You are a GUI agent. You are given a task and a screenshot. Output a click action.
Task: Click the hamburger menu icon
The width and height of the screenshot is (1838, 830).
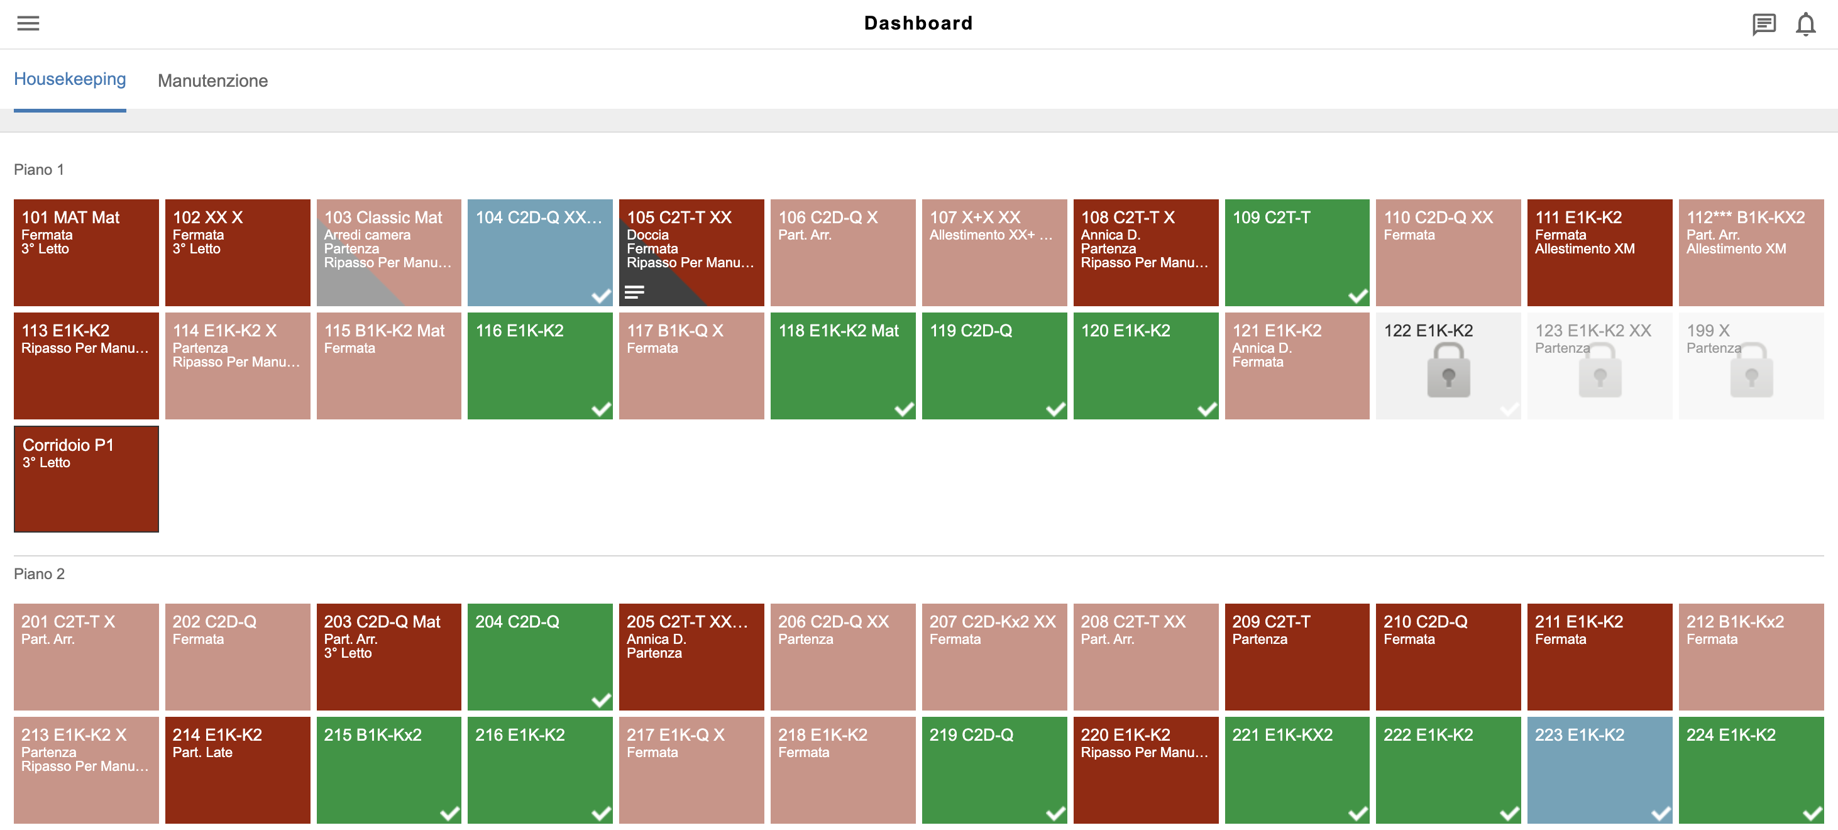(28, 23)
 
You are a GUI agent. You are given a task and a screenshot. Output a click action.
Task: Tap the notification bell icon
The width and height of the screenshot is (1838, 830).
(1805, 25)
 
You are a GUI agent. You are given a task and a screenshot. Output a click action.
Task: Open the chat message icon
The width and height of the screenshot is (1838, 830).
(1763, 25)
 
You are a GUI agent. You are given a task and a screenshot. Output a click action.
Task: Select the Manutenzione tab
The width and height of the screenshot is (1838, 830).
(212, 80)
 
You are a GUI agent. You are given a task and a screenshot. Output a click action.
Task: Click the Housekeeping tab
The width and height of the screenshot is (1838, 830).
(70, 79)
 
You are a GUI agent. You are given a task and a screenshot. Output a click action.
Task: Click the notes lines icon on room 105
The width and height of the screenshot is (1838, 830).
(634, 292)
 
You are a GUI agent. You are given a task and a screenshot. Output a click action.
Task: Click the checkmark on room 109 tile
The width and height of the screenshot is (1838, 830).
(1357, 296)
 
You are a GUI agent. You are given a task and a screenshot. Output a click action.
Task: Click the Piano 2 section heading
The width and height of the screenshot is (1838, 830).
(39, 574)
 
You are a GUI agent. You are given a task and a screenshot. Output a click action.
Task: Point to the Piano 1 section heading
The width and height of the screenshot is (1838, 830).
(39, 169)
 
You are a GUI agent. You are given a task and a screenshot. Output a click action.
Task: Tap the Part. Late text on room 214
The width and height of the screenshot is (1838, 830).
(202, 752)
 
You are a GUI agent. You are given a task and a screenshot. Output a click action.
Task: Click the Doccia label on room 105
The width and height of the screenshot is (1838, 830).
(647, 235)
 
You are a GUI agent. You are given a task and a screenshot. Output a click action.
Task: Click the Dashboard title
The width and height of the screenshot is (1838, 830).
(918, 23)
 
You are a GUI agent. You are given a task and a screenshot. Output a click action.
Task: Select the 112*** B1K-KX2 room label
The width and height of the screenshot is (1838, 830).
(1745, 217)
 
